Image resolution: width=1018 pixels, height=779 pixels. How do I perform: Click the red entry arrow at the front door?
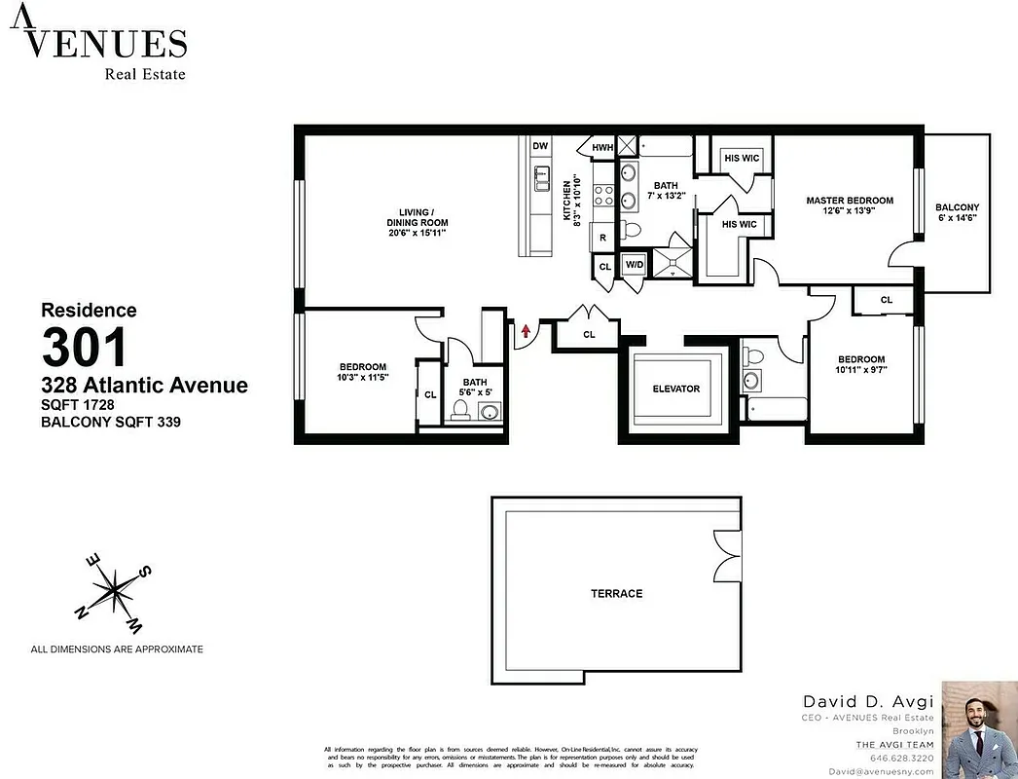pyautogui.click(x=526, y=331)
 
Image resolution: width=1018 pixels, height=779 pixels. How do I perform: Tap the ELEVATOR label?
pyautogui.click(x=675, y=389)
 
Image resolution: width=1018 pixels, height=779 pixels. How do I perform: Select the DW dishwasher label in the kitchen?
pyautogui.click(x=541, y=146)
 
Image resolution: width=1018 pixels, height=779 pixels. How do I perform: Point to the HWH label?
pyautogui.click(x=602, y=148)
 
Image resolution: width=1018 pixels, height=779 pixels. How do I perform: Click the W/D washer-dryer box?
pyautogui.click(x=634, y=264)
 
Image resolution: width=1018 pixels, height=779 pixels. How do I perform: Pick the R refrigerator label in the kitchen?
pyautogui.click(x=603, y=238)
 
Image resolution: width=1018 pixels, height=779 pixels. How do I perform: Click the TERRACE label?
pyautogui.click(x=616, y=593)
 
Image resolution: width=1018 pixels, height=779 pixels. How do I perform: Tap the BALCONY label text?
pyautogui.click(x=957, y=207)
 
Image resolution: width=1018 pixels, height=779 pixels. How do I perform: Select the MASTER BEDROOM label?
pyautogui.click(x=849, y=201)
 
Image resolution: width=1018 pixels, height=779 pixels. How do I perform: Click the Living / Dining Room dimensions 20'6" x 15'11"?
pyautogui.click(x=417, y=233)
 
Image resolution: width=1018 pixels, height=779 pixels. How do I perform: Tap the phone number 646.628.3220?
pyautogui.click(x=901, y=758)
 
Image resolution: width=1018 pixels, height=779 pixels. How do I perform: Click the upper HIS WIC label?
pyautogui.click(x=742, y=158)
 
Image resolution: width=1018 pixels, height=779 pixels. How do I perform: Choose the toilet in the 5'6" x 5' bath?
pyautogui.click(x=462, y=410)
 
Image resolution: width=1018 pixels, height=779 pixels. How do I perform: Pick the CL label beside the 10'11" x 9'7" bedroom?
pyautogui.click(x=886, y=300)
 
